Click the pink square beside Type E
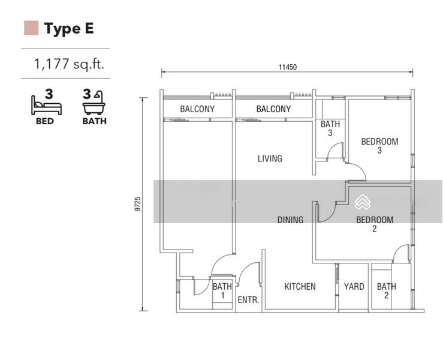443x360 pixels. point(31,28)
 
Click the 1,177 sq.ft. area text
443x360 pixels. point(69,64)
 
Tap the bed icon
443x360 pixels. point(46,105)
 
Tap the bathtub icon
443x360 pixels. point(94,103)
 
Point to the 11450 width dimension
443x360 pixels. point(288,67)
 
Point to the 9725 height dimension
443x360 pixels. point(138,204)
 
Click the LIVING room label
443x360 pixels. point(270,158)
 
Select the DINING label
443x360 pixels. point(290,220)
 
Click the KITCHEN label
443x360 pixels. point(300,286)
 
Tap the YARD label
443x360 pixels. point(354,286)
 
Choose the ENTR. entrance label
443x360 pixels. point(248,300)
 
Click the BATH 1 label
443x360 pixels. point(222,291)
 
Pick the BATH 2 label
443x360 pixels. point(387,291)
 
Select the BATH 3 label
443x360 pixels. point(330,128)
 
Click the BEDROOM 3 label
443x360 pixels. point(379,146)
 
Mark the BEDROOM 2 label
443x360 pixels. point(375,224)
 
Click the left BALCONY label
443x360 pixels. point(197,109)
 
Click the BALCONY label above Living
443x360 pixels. point(273,109)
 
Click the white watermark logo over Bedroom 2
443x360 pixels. point(363,202)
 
